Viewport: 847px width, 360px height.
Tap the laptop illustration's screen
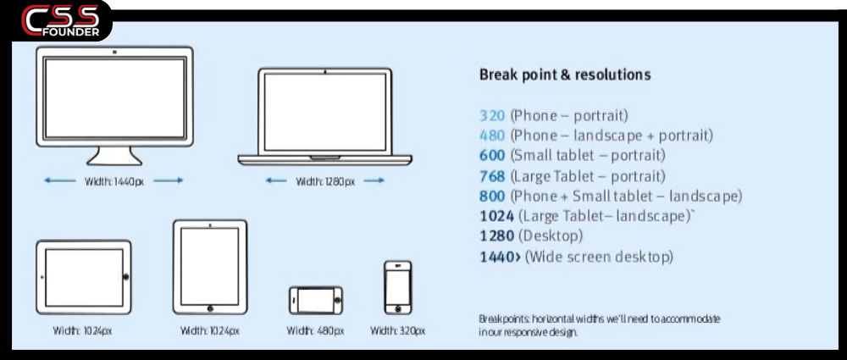click(325, 113)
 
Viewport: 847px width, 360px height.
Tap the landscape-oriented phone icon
click(316, 300)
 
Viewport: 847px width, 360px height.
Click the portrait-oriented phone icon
click(397, 288)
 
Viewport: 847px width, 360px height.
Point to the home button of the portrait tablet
click(210, 307)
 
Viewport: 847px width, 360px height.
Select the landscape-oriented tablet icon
click(83, 277)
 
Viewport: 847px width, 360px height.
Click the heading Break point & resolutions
click(565, 75)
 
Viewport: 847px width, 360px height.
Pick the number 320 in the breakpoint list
click(491, 115)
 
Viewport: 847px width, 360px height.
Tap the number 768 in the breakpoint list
click(491, 176)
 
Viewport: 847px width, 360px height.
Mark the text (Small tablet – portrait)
click(587, 156)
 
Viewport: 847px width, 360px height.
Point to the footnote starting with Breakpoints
click(600, 325)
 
